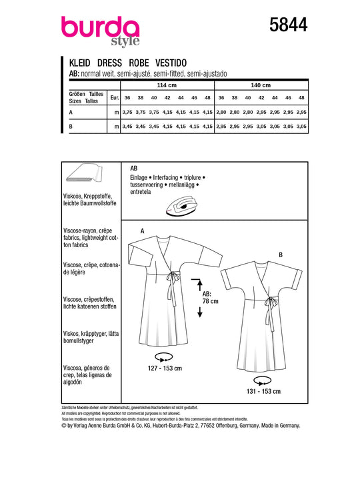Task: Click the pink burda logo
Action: tap(100, 31)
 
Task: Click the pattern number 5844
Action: tap(288, 25)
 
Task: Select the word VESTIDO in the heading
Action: tap(171, 63)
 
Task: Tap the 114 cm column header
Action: tap(167, 85)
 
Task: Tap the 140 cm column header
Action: tap(261, 85)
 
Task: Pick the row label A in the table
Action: tap(71, 112)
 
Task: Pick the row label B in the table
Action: tap(71, 126)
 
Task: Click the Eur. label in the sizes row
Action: tap(115, 98)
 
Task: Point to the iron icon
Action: tap(182, 207)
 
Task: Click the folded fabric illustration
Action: tap(84, 173)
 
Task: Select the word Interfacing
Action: tap(165, 177)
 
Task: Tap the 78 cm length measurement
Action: tap(211, 301)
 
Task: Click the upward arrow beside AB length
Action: tap(199, 284)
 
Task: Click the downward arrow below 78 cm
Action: tap(200, 312)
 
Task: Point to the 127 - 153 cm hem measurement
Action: tap(165, 368)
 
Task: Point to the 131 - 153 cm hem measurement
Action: tap(263, 392)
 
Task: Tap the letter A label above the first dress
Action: tap(143, 231)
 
